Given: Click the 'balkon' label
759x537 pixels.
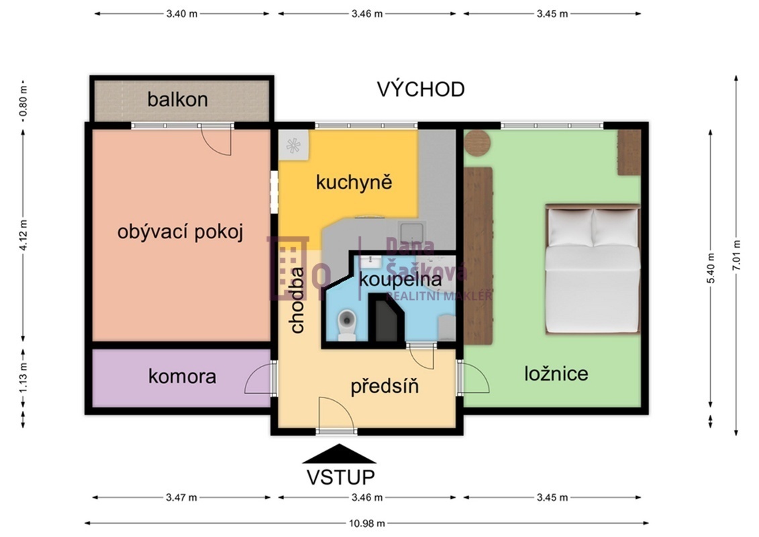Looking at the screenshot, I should (178, 100).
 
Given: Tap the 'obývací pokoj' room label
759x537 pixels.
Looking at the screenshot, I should (180, 232).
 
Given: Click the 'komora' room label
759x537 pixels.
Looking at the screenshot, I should (182, 377).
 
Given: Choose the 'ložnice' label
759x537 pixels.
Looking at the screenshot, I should (556, 373).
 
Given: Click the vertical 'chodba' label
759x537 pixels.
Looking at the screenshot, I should (297, 300).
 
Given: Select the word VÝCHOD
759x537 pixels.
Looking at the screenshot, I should (420, 89).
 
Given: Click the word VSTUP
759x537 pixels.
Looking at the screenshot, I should (340, 477).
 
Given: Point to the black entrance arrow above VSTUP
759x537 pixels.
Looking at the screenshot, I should (339, 454).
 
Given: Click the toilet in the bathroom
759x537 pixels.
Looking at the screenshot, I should (347, 326).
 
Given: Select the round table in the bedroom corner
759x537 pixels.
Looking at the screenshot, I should (478, 142).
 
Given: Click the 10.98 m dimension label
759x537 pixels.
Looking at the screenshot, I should (367, 524).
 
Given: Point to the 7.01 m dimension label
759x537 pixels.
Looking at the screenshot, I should (737, 255).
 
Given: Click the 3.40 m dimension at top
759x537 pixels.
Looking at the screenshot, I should (181, 13).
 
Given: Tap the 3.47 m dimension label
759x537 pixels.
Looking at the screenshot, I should (181, 497).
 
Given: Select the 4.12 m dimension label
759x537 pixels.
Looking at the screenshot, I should (23, 235).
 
